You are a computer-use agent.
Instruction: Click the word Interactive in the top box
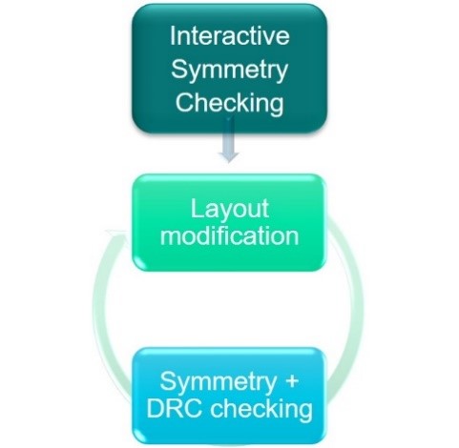pyautogui.click(x=230, y=35)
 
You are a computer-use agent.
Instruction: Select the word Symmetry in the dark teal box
pyautogui.click(x=229, y=71)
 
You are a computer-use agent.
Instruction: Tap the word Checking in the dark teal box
pyautogui.click(x=229, y=104)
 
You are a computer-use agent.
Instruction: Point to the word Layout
pyautogui.click(x=229, y=211)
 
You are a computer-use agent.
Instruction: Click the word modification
pyautogui.click(x=229, y=235)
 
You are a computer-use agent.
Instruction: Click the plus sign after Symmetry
pyautogui.click(x=290, y=381)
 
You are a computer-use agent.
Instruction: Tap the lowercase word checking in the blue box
pyautogui.click(x=261, y=410)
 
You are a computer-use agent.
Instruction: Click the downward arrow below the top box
pyautogui.click(x=229, y=140)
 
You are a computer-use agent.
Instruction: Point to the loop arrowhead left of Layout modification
pyautogui.click(x=117, y=236)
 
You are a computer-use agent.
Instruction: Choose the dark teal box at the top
pyautogui.click(x=229, y=68)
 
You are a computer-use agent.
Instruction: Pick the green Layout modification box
pyautogui.click(x=229, y=222)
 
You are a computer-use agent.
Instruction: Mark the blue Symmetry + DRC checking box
pyautogui.click(x=229, y=396)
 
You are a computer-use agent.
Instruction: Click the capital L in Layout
pyautogui.click(x=197, y=209)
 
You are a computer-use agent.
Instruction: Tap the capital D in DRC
pyautogui.click(x=156, y=408)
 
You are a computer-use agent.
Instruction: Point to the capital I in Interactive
pyautogui.click(x=172, y=35)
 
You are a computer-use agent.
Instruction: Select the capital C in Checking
pyautogui.click(x=183, y=102)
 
